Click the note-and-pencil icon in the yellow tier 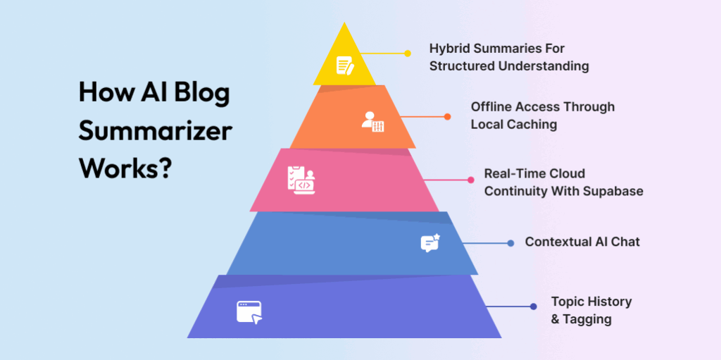[x=344, y=66]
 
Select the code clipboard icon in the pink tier [x=300, y=180]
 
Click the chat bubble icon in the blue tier [x=430, y=243]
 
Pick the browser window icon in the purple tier [x=249, y=311]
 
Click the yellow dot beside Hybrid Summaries [x=407, y=53]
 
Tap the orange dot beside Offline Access [x=447, y=117]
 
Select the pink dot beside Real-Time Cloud [x=471, y=180]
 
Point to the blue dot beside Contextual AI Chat [x=511, y=243]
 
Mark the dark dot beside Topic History [x=534, y=306]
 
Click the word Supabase [x=613, y=191]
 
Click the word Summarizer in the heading [x=156, y=130]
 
